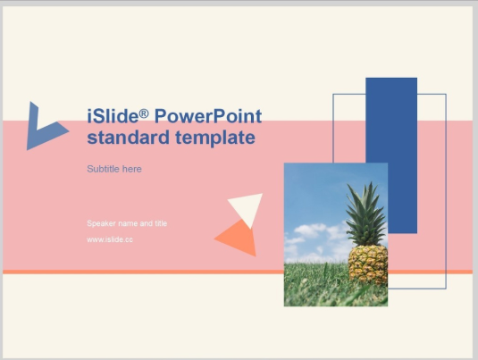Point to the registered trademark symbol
[x=144, y=113]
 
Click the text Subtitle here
[x=114, y=169]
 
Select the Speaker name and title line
[x=127, y=223]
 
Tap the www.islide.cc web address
[x=110, y=239]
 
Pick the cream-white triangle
[x=247, y=208]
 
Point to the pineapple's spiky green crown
[x=366, y=214]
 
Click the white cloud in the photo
[x=308, y=233]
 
